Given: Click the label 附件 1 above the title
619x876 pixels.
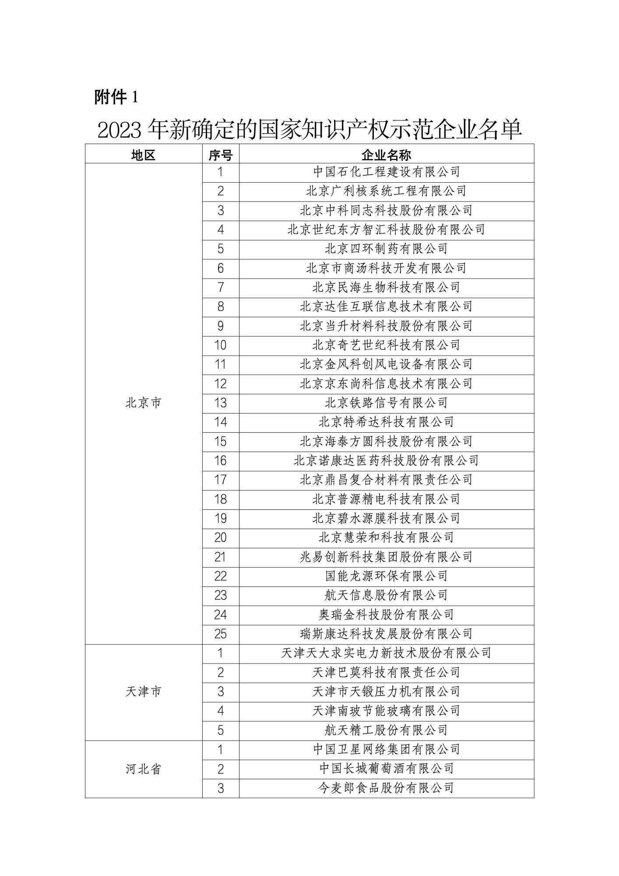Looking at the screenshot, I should click(116, 97).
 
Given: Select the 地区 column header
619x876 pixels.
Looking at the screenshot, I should click(144, 154).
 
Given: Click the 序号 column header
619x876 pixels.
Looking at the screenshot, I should click(221, 154).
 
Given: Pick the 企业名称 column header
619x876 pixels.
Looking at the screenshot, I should click(386, 154).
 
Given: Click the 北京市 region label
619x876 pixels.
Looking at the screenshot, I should click(144, 403).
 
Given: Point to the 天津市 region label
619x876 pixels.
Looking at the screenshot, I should click(144, 692).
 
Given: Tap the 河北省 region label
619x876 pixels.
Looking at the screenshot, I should click(144, 769).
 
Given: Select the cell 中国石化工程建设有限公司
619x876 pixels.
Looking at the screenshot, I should click(386, 172).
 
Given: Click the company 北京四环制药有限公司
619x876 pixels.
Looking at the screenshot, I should click(386, 249).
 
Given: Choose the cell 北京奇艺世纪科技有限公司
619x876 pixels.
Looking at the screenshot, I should click(386, 345).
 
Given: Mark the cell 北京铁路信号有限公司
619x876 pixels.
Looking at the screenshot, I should click(386, 403).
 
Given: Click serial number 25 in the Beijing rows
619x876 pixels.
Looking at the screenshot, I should click(221, 634).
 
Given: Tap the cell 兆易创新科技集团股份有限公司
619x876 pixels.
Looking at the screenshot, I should click(386, 557).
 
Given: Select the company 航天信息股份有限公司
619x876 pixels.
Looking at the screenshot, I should click(386, 595).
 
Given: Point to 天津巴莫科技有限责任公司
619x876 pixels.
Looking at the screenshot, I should click(386, 672).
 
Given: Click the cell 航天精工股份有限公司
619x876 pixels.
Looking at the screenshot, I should click(386, 730).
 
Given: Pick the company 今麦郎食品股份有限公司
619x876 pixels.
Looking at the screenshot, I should click(386, 788).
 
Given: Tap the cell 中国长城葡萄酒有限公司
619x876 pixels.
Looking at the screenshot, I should click(386, 769).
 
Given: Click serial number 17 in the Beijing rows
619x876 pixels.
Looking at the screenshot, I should click(221, 480).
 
